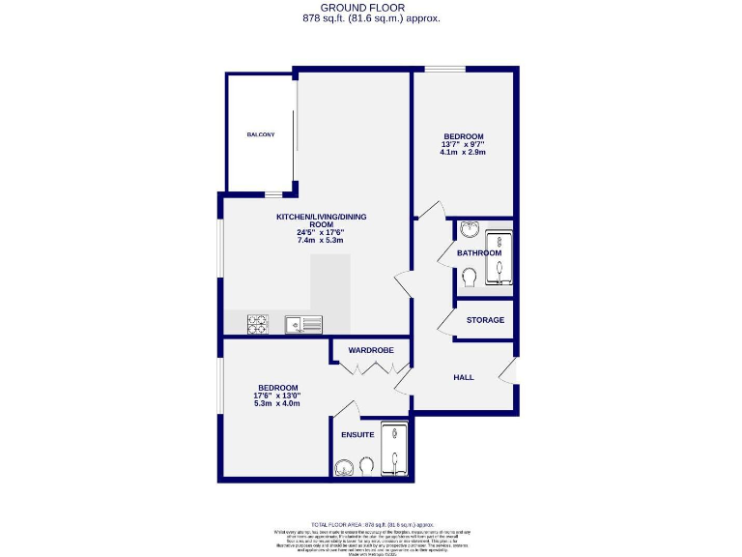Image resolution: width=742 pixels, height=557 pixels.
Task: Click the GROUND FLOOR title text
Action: (370, 8)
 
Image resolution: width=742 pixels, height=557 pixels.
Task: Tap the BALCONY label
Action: (260, 134)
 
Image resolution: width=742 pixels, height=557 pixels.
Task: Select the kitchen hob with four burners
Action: (259, 325)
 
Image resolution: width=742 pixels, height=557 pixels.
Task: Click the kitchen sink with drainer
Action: (303, 325)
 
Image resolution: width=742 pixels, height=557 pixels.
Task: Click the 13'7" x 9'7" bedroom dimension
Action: (464, 144)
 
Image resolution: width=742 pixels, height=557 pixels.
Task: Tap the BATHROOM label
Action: (479, 253)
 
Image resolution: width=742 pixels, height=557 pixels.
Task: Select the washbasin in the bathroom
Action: (469, 229)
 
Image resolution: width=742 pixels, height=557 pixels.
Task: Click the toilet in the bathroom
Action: (470, 278)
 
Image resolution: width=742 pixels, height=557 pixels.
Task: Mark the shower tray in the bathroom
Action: (499, 259)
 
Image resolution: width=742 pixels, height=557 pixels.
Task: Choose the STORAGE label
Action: (485, 320)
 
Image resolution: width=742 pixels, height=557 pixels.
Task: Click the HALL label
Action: (464, 377)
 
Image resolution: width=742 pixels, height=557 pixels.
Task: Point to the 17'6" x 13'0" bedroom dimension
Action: (277, 395)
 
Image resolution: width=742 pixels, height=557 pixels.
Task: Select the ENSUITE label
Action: (357, 435)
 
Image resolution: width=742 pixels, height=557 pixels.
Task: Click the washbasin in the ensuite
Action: (345, 468)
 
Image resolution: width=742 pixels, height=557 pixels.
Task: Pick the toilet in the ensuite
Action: (366, 466)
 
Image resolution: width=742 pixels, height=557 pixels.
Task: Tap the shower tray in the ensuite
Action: (395, 450)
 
